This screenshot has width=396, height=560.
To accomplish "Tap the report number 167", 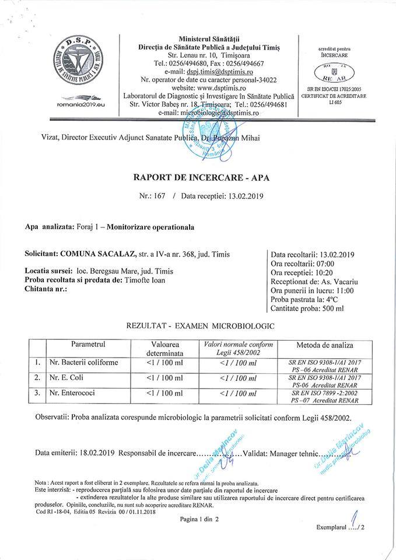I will (x=160, y=197).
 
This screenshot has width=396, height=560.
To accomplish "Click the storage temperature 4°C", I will (x=337, y=299).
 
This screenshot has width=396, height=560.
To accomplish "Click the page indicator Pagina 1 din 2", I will (x=199, y=519).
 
